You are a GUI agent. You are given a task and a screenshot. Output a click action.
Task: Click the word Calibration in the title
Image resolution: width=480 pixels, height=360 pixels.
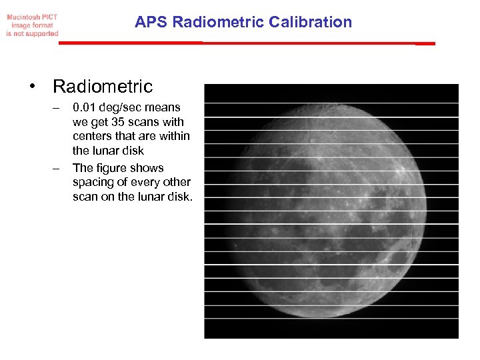click(x=310, y=22)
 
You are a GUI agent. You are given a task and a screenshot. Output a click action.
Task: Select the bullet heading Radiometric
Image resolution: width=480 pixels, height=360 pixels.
click(x=103, y=87)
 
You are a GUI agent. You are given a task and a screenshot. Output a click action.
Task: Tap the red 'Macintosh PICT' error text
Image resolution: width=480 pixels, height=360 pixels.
click(x=32, y=17)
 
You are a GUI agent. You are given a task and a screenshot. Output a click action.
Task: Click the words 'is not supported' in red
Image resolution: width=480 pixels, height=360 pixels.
click(x=32, y=33)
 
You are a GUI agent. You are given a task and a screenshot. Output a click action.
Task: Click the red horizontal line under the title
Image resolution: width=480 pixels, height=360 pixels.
click(x=247, y=43)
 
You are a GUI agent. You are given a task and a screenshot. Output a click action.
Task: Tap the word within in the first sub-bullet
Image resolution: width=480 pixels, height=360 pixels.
click(x=174, y=136)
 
